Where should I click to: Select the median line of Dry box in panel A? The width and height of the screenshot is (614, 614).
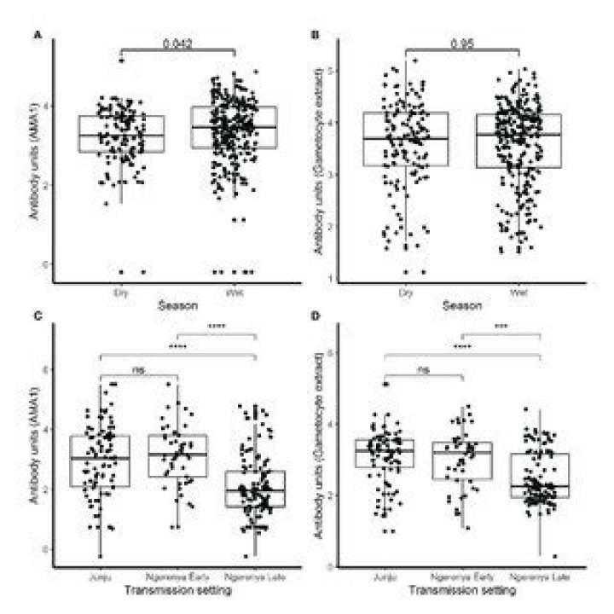(121, 135)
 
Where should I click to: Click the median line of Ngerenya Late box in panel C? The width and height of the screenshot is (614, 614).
(256, 490)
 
